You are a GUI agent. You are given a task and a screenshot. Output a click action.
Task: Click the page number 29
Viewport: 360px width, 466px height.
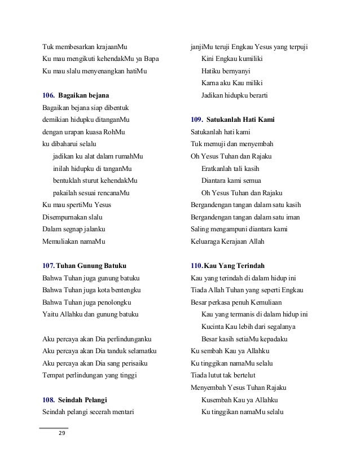coord(62,433)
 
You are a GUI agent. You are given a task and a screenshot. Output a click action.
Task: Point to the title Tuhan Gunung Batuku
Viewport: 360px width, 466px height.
coord(91,265)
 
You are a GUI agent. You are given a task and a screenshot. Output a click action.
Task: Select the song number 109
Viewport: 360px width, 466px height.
coord(197,120)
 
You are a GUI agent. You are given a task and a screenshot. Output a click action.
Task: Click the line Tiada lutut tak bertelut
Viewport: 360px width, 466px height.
coord(225,375)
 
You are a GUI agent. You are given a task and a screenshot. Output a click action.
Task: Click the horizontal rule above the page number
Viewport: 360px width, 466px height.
coord(54,428)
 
